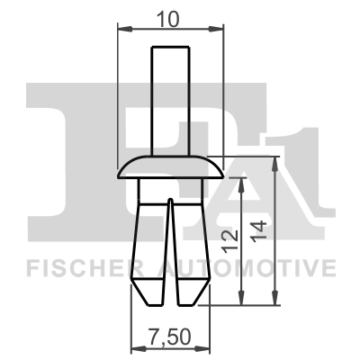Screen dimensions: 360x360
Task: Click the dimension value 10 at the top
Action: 171,17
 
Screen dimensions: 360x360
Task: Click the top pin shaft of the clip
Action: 171,99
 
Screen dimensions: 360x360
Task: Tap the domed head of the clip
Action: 171,166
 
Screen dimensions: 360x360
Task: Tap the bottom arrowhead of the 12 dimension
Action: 242,299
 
